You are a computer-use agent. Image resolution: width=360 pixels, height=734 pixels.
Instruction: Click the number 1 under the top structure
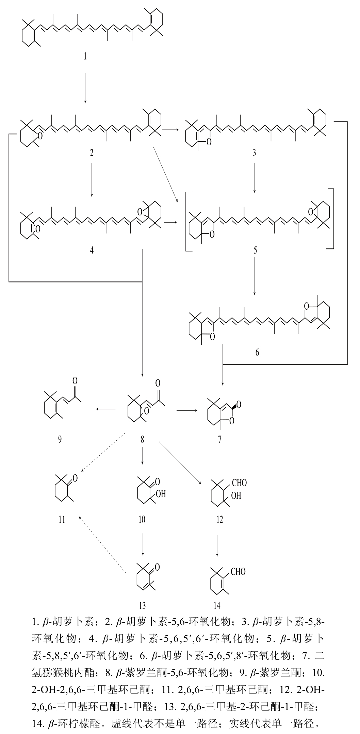point(85,56)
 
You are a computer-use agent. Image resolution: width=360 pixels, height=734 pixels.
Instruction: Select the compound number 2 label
point(91,153)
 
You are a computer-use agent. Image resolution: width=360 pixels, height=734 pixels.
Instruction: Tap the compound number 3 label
point(254,153)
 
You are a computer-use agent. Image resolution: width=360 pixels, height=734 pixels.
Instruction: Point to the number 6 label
point(257,352)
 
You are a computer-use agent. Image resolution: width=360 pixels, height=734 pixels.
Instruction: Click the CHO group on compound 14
point(238,571)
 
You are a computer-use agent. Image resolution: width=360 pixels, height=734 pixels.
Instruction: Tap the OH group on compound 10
point(160,494)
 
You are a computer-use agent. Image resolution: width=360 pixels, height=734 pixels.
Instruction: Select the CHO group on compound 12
point(239,483)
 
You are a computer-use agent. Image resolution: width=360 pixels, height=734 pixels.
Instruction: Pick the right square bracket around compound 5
point(332,219)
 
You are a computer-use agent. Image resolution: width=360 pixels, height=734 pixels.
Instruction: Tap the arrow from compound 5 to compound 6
point(255,276)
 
